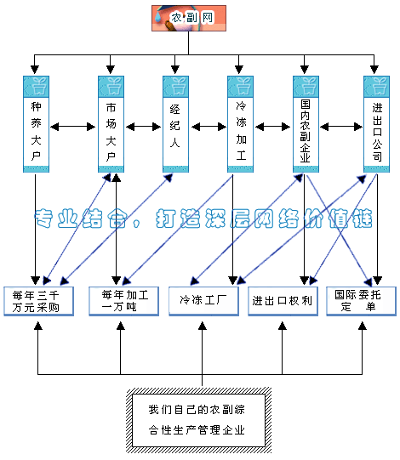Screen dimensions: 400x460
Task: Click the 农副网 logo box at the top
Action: (x=189, y=18)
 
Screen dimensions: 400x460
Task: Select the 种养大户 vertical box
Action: (x=36, y=124)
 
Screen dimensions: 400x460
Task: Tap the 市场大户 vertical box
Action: (x=111, y=124)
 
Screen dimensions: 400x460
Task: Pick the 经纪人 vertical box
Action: (x=175, y=124)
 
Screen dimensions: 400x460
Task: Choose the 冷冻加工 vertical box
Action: (x=240, y=124)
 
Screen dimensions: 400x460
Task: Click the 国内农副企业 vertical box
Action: (x=306, y=124)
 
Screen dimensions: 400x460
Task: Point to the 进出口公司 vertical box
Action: (x=376, y=124)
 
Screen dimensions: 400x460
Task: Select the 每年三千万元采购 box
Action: (x=38, y=301)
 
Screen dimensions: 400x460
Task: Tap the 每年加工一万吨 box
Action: (x=124, y=301)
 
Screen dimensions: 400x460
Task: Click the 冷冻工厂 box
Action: (x=203, y=301)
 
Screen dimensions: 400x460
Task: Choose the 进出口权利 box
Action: (x=283, y=301)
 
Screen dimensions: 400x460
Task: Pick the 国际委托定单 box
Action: (x=361, y=301)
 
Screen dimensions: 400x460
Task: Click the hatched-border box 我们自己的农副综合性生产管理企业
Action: (x=199, y=420)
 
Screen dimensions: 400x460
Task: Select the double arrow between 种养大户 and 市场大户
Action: (x=73, y=127)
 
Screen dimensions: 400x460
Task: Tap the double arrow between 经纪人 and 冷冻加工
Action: (x=209, y=127)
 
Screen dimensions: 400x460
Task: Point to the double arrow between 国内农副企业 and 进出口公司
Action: (x=341, y=127)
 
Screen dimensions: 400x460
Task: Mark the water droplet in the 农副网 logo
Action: (x=158, y=16)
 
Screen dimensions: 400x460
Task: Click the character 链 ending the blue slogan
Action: (x=363, y=219)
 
